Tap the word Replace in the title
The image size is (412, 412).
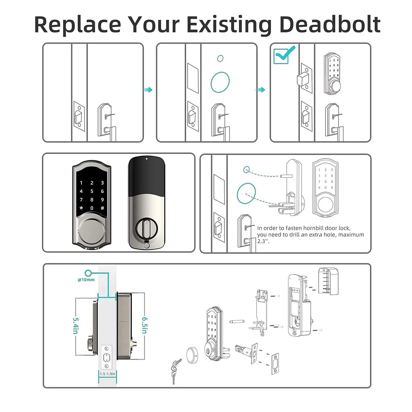point(78,25)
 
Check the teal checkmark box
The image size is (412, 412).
point(281,56)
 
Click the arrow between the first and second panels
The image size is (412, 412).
point(148,90)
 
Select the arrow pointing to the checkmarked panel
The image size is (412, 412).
point(261,90)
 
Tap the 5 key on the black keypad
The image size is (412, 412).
point(92,191)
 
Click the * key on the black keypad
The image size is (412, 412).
point(81,208)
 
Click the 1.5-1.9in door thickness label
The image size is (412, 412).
point(108,374)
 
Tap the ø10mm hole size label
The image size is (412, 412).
point(86,280)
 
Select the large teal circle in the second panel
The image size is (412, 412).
point(220,82)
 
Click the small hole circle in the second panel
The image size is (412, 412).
point(220,58)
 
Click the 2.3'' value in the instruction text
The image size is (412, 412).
point(263,241)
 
